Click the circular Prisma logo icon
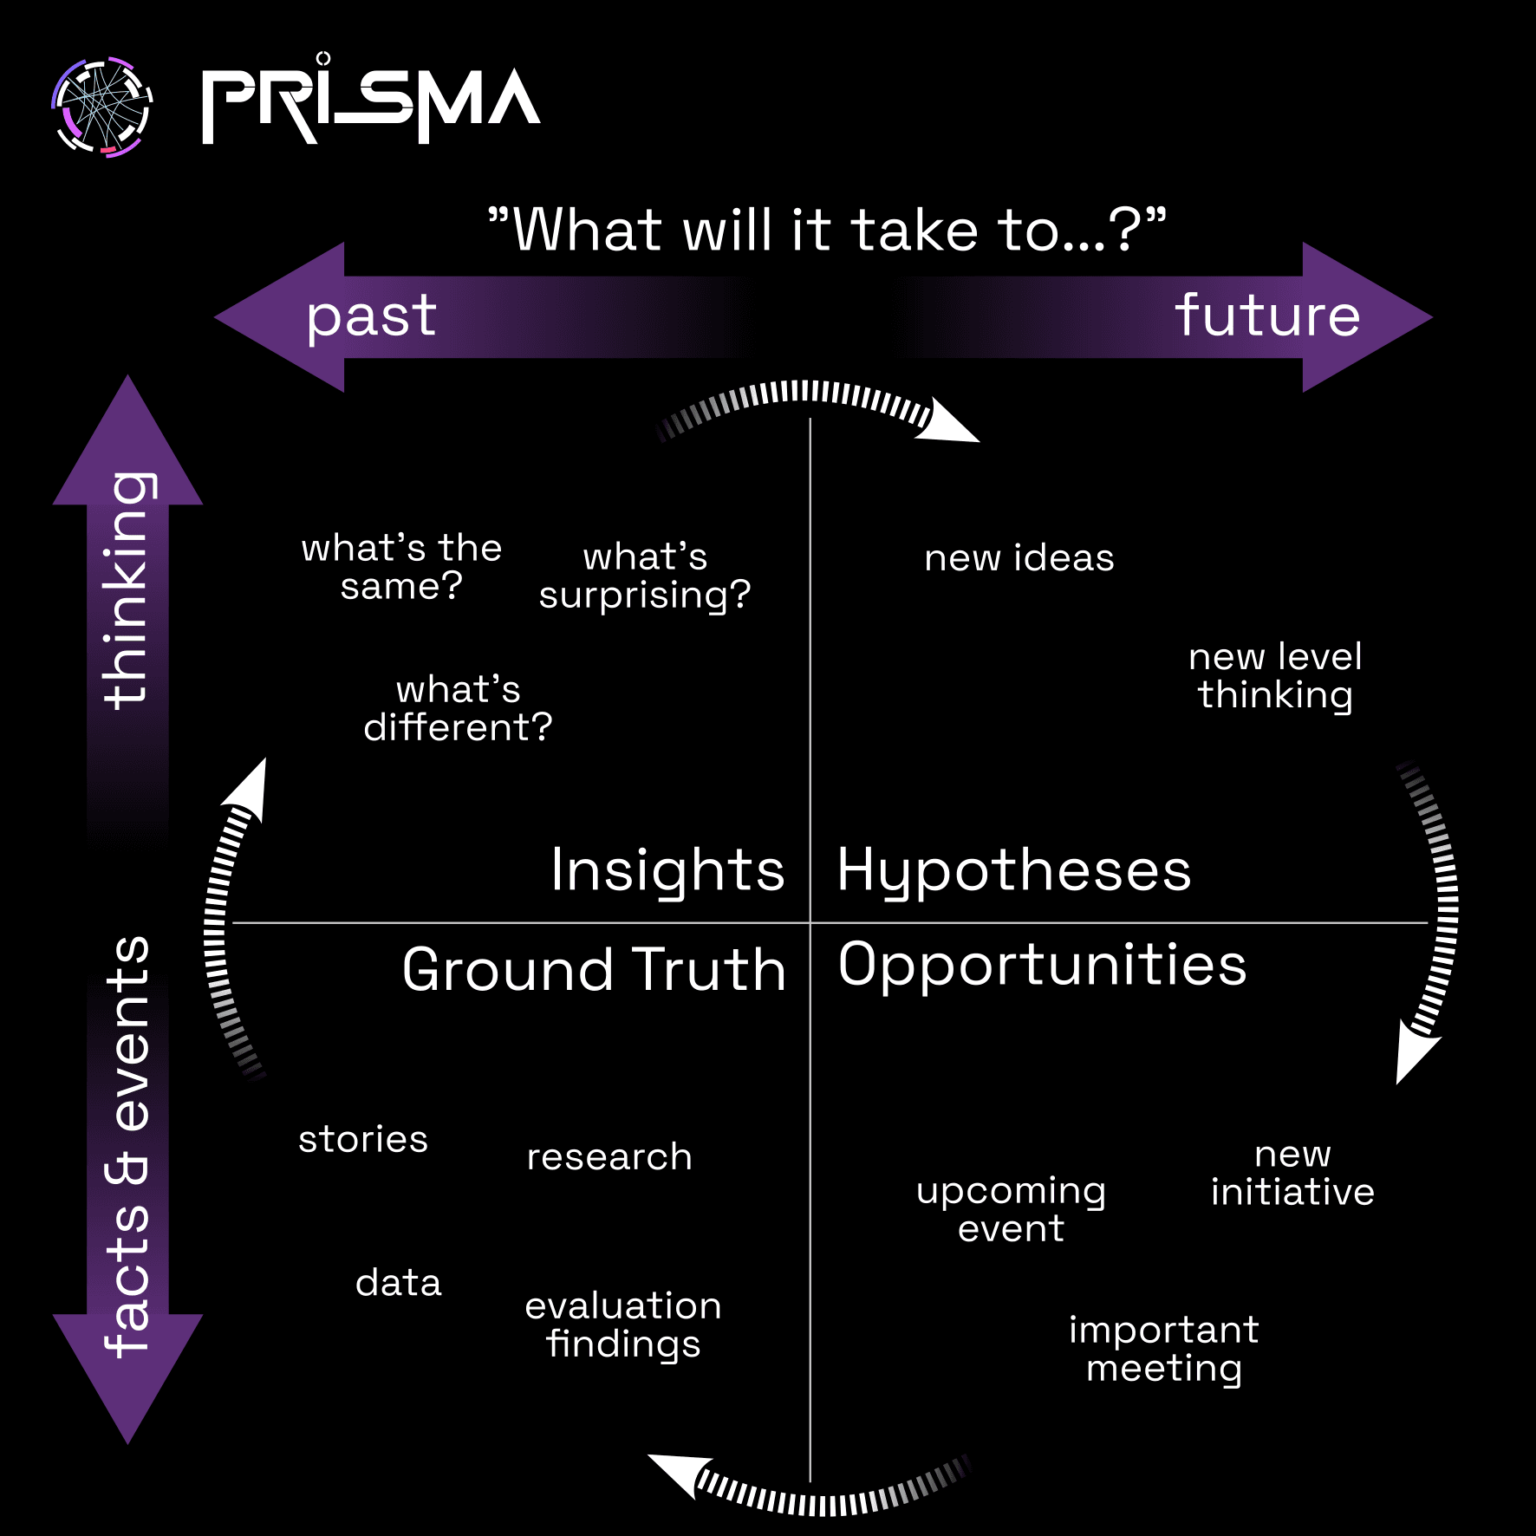102,107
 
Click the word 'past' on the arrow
371,316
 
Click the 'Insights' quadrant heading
667,870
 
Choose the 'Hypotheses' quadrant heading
1014,872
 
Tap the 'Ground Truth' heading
594,969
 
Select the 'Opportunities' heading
1042,966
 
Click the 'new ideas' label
1019,558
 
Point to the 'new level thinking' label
1275,676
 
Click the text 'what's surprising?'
645,576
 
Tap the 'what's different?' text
458,708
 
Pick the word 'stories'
363,1139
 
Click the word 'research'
609,1157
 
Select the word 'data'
399,1283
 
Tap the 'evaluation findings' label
623,1324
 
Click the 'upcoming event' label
1012,1209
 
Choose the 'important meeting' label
1163,1349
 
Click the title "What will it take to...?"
827,231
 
